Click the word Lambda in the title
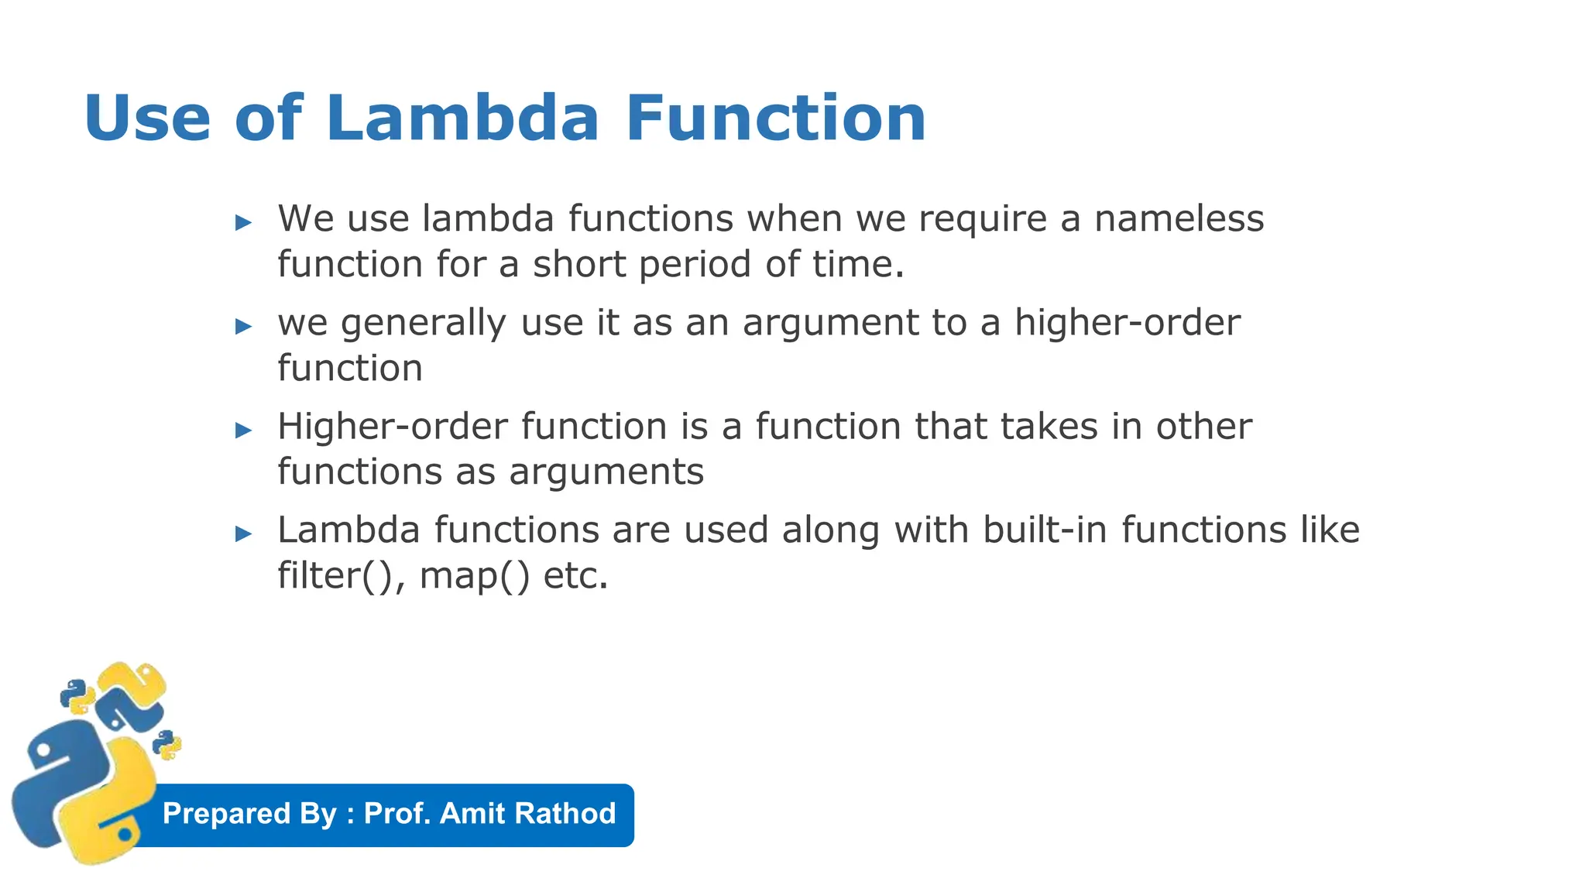coord(462,118)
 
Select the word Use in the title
coord(147,118)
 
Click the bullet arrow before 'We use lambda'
coord(244,223)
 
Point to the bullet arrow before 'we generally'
coord(244,327)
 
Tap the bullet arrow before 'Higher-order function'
coord(244,431)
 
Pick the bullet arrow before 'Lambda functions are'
coord(244,533)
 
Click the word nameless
coord(1179,218)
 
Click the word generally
coord(424,323)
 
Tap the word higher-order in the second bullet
coord(1128,322)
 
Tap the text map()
coord(475,576)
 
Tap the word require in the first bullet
coord(983,219)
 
